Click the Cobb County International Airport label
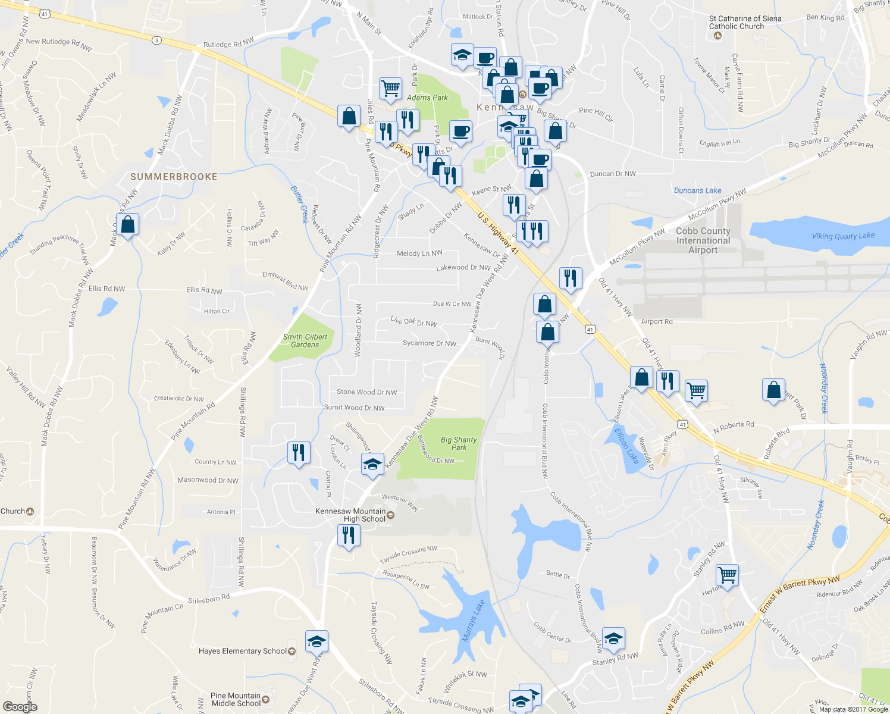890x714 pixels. pyautogui.click(x=703, y=240)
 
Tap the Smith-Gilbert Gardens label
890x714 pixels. pyautogui.click(x=305, y=340)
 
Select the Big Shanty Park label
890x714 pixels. pyautogui.click(x=459, y=443)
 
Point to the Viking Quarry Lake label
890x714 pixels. pyautogui.click(x=843, y=236)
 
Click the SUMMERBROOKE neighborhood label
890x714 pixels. pyautogui.click(x=174, y=177)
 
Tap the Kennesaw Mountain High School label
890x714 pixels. pyautogui.click(x=350, y=515)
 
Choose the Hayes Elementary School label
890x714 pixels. pyautogui.click(x=243, y=651)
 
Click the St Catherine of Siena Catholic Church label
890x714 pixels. pyautogui.click(x=745, y=23)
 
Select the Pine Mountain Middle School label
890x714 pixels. pyautogui.click(x=236, y=699)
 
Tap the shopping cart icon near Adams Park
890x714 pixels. pyautogui.click(x=390, y=88)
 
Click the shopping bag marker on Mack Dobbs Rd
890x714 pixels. pyautogui.click(x=128, y=225)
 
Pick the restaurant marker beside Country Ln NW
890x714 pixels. pyautogui.click(x=299, y=452)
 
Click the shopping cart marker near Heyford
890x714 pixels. pyautogui.click(x=727, y=575)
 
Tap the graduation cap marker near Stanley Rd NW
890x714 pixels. pyautogui.click(x=613, y=639)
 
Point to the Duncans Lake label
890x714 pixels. pyautogui.click(x=697, y=190)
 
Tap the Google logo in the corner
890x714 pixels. pyautogui.click(x=20, y=707)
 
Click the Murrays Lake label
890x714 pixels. pyautogui.click(x=474, y=621)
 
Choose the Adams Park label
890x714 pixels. pyautogui.click(x=427, y=98)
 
